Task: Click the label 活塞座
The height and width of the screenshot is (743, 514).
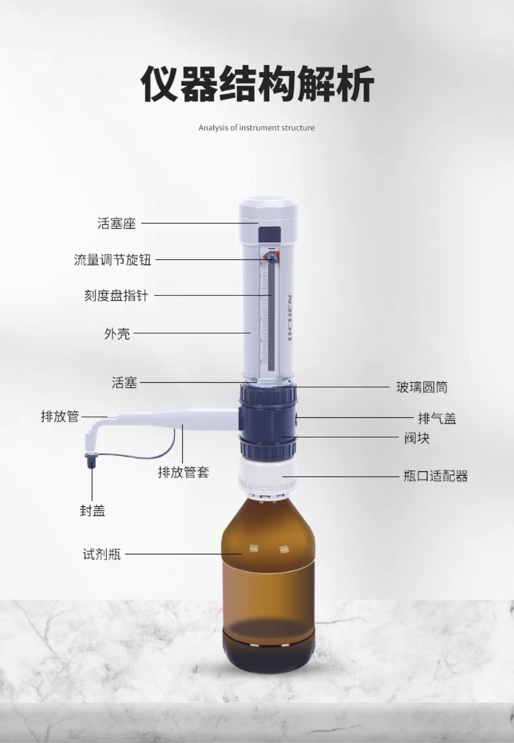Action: tap(116, 223)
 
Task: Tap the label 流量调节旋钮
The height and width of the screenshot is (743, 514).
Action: tap(112, 260)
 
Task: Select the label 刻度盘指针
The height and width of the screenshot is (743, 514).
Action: tap(116, 295)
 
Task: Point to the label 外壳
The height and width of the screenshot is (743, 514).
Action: tap(117, 334)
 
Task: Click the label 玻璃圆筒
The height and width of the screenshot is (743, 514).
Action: tap(422, 387)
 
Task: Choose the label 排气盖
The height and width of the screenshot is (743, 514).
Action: tap(437, 418)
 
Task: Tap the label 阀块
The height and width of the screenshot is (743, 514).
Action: tap(417, 438)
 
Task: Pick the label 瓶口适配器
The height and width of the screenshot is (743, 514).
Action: tap(436, 476)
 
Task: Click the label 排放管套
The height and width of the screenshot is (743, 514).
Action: tap(183, 472)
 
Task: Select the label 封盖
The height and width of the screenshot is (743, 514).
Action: tap(92, 510)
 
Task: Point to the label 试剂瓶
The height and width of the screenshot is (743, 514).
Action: tap(102, 554)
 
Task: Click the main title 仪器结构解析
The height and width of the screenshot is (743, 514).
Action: tap(257, 83)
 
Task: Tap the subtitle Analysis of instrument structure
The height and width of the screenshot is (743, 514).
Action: tap(257, 128)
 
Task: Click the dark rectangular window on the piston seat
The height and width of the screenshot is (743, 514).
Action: tap(269, 234)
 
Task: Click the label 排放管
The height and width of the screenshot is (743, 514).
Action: tap(60, 416)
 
